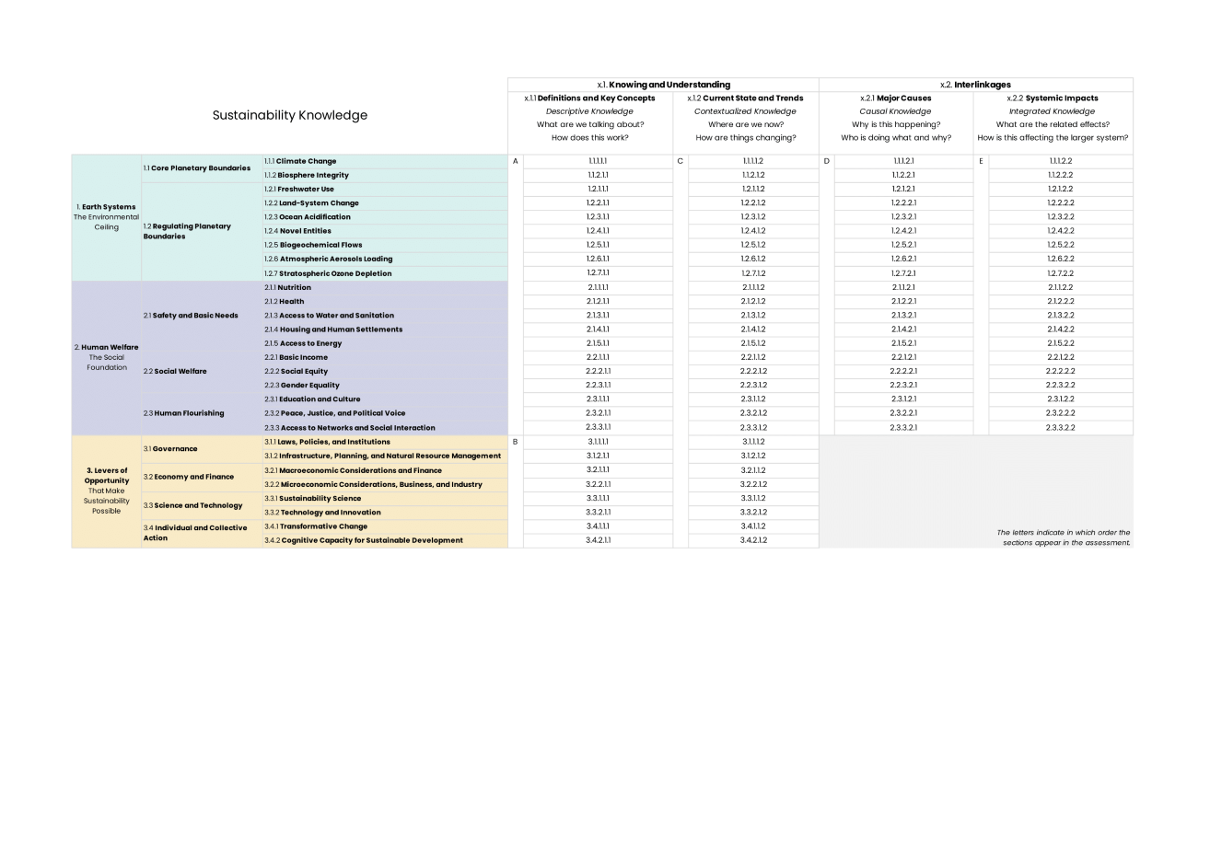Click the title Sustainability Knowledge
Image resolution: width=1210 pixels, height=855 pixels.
pos(289,115)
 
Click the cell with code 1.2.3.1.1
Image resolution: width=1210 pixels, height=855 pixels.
pos(598,217)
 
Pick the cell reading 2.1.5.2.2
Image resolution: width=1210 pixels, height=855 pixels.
pos(1060,343)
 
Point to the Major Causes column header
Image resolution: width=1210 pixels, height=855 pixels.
pos(896,98)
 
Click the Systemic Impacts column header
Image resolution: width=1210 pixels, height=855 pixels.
pos(1053,98)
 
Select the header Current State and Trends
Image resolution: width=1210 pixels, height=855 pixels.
pos(745,98)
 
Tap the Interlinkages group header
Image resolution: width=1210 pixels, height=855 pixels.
pos(975,85)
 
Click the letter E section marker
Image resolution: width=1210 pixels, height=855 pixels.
pos(981,161)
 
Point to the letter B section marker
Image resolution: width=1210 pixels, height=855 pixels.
pos(515,442)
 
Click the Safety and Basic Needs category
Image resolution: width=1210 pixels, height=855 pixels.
pos(191,316)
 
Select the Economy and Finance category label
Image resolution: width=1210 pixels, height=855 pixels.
pos(189,477)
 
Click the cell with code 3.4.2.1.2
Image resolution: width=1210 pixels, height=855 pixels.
pos(753,540)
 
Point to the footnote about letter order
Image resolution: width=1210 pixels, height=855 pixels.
pos(1063,537)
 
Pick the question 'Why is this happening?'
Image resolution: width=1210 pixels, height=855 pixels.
pos(896,124)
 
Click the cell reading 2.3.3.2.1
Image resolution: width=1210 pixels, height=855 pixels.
pos(902,428)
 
